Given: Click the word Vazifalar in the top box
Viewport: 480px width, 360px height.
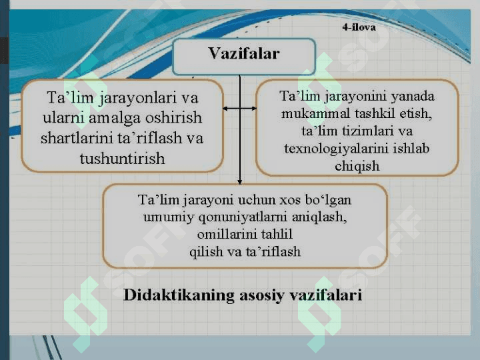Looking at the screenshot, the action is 244,53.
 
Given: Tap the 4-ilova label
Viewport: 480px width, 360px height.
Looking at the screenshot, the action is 359,27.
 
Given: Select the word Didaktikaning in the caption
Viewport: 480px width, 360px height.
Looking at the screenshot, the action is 179,295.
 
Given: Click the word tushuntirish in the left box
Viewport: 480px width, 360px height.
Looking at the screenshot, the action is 123,159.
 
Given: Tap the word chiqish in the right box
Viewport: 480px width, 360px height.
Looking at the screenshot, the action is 357,167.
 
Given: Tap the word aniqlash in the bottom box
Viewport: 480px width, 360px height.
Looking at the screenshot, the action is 319,217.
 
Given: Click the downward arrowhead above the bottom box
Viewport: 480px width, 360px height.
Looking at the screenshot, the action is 240,182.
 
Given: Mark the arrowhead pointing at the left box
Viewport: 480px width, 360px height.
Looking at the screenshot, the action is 225,108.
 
